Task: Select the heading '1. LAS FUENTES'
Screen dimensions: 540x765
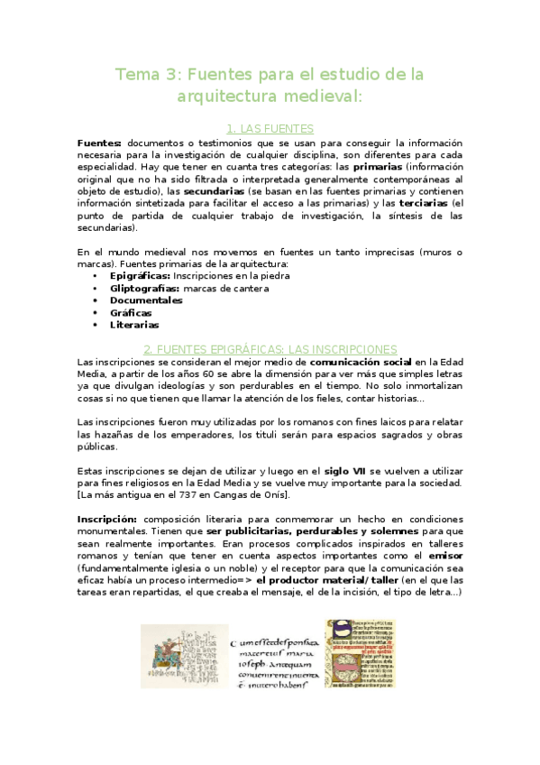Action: (270, 129)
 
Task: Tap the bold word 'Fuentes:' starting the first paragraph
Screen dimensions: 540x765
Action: (99, 143)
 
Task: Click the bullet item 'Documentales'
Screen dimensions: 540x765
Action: (146, 300)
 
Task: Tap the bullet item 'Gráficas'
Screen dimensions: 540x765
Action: (131, 313)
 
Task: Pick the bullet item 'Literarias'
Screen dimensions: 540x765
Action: (134, 325)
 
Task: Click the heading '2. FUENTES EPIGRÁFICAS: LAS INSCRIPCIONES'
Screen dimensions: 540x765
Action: (270, 349)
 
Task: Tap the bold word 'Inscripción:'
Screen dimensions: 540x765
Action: (107, 520)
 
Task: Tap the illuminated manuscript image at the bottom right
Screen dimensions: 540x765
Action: (360, 652)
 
